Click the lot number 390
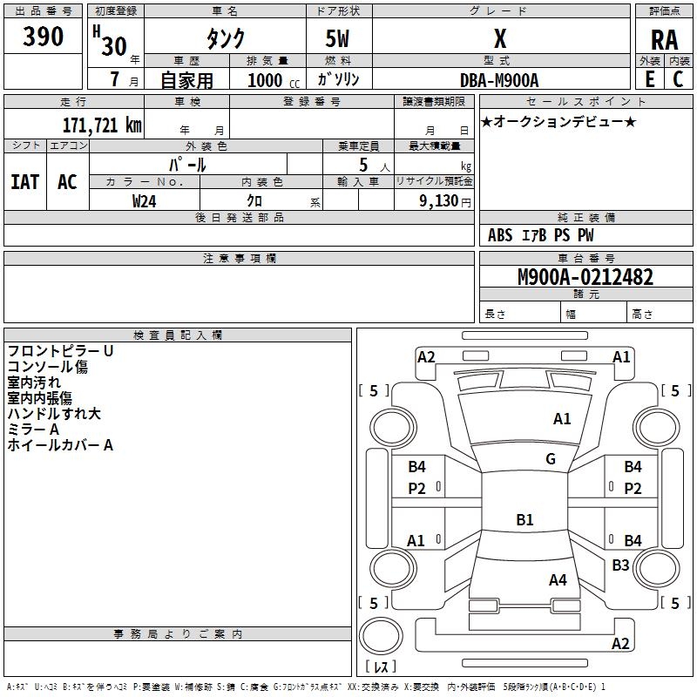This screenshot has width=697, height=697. point(43,37)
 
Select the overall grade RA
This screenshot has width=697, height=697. point(665,40)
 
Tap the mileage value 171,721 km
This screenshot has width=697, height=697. point(102,125)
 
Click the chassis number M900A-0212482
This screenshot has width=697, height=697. point(585,277)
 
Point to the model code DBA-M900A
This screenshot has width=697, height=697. point(499,80)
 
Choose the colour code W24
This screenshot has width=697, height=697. point(144,201)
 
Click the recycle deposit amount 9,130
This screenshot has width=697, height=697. point(439,201)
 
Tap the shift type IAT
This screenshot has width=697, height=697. point(25,182)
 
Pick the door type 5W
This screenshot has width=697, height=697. point(337,38)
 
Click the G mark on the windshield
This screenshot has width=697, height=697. point(551,459)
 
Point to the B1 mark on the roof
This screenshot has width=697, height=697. point(524,519)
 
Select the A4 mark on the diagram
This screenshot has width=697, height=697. point(558,580)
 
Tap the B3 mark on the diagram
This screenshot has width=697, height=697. point(620,565)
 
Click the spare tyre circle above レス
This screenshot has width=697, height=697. point(381,636)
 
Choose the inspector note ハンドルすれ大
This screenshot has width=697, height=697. point(54,414)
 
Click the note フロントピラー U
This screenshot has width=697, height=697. point(60,351)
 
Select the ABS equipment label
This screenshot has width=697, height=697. point(500,235)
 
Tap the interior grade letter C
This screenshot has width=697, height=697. point(678,79)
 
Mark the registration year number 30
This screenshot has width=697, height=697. point(114,46)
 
